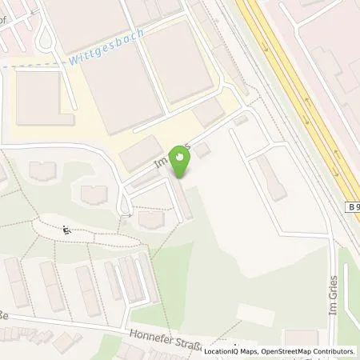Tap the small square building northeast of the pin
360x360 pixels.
202,150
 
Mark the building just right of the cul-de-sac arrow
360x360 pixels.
150,218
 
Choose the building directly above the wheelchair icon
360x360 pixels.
94,194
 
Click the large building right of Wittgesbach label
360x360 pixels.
179,60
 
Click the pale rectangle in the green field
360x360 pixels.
255,314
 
